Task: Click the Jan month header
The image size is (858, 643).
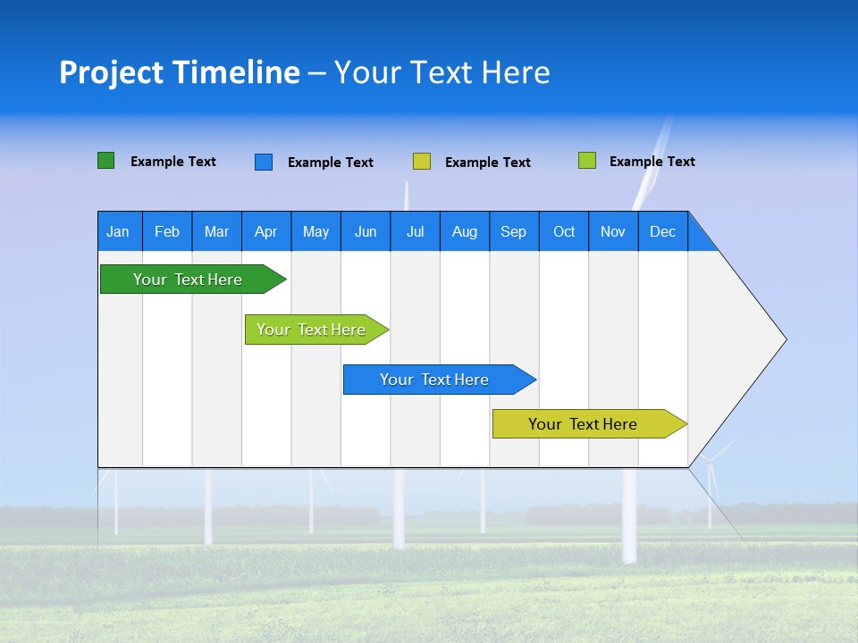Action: tap(119, 231)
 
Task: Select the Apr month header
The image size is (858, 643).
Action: tap(266, 231)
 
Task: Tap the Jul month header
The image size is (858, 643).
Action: tap(415, 231)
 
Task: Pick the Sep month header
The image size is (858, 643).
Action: tap(514, 231)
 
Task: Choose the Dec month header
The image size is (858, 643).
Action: tap(662, 231)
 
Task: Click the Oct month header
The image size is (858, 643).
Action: tap(564, 231)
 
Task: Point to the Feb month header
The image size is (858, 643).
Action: tap(167, 231)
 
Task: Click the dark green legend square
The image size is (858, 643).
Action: tap(106, 161)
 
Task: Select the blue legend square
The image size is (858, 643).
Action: tap(264, 162)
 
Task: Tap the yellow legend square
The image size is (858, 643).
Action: tap(422, 162)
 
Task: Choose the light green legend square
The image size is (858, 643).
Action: tap(587, 161)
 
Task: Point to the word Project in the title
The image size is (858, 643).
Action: tap(111, 72)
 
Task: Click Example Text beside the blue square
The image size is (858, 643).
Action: tap(330, 163)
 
